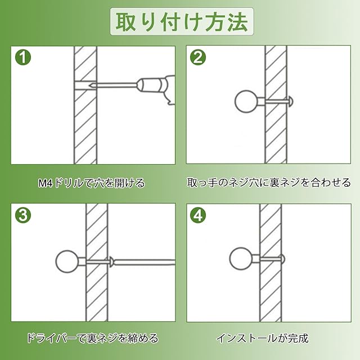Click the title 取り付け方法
(182, 22)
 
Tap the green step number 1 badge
(23, 57)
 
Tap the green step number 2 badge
(198, 57)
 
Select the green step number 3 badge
(23, 215)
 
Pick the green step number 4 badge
(198, 215)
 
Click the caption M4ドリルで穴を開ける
(92, 183)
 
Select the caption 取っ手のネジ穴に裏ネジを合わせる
(269, 182)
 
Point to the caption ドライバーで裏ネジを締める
(93, 338)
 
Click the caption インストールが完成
(263, 338)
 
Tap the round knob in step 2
(246, 101)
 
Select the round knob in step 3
(67, 261)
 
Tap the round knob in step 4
(241, 259)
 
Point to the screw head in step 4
(283, 259)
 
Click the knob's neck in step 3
(82, 261)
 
